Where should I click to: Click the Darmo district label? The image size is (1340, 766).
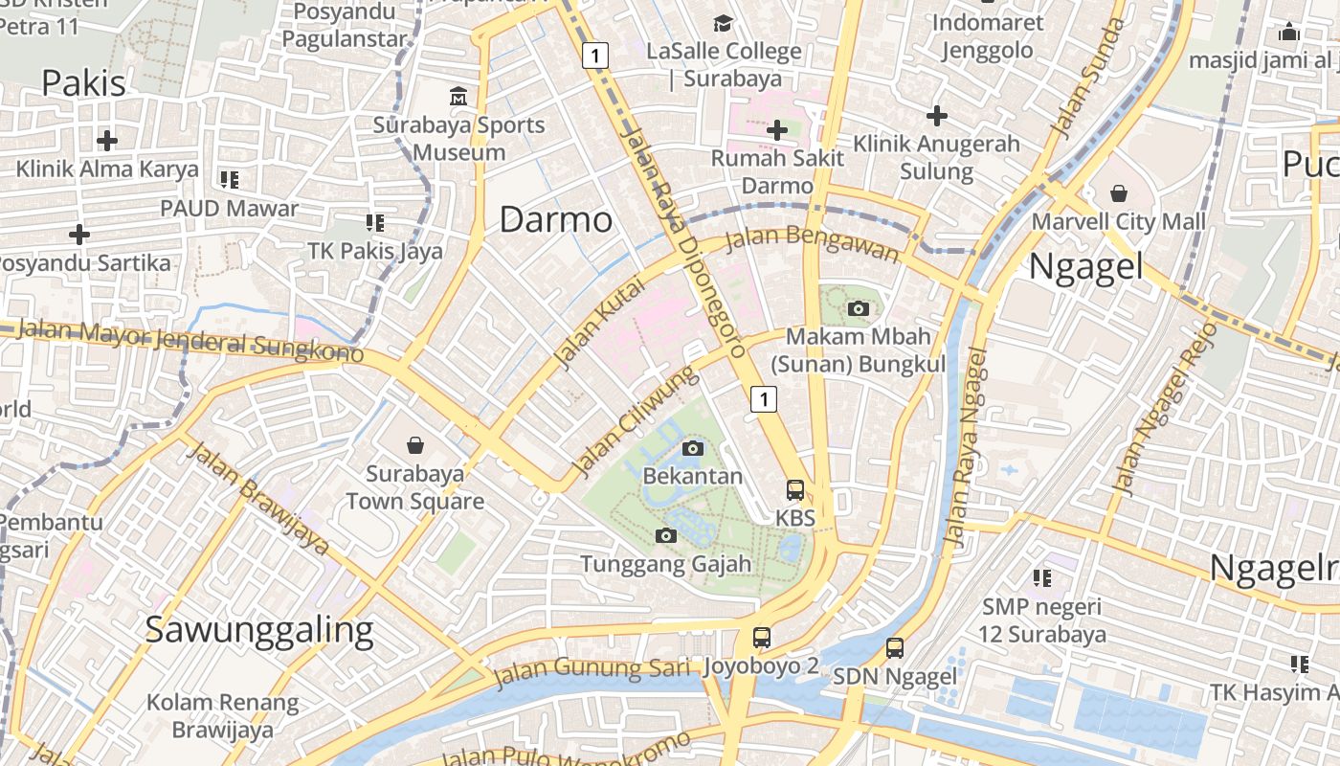[556, 220]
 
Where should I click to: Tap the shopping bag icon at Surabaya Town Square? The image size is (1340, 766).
[415, 445]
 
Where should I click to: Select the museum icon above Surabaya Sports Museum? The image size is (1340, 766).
[458, 97]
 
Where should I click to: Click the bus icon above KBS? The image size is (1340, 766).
[795, 490]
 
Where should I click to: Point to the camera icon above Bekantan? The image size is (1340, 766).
[693, 448]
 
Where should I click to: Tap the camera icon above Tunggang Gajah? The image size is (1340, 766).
[666, 535]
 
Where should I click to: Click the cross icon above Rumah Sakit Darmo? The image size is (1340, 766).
[777, 129]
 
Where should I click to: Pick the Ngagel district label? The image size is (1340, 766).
[1085, 267]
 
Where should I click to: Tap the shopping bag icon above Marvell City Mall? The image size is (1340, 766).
[1118, 194]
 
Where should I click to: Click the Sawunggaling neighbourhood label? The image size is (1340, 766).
[258, 630]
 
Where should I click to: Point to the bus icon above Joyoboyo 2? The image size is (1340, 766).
[762, 637]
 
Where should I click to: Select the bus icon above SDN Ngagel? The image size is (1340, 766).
[894, 648]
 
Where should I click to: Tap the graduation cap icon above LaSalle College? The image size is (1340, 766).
[723, 22]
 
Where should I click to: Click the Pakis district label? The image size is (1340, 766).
[83, 83]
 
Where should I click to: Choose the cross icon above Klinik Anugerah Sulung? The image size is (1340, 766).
[936, 117]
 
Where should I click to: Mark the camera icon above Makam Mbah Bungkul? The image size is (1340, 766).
[859, 308]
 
